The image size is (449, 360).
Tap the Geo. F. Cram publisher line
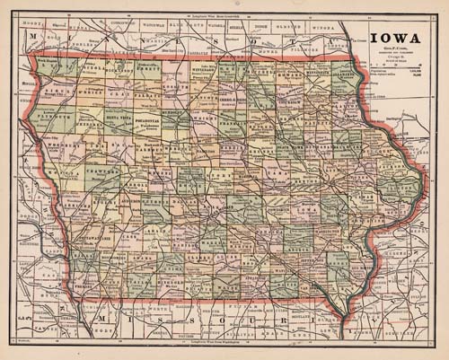click(x=393, y=57)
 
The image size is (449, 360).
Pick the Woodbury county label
click(x=65, y=142)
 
